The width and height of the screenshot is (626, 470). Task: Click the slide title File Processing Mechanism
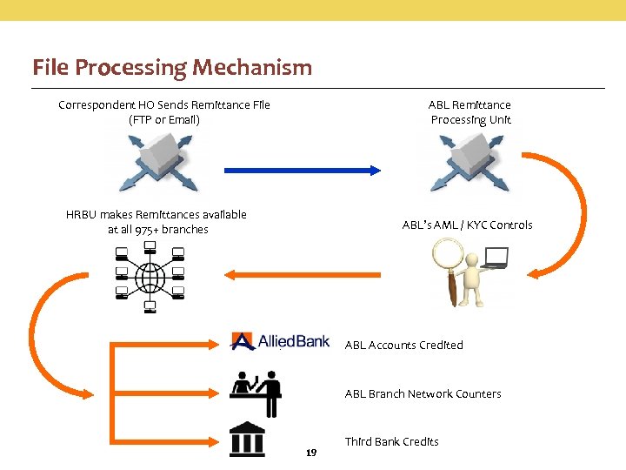171,67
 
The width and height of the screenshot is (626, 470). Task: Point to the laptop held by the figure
496,258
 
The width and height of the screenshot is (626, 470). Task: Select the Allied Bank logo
280,340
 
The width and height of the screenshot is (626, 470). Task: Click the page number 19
311,453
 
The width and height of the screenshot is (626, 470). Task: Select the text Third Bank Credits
391,441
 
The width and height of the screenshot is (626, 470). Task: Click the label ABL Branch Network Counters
423,393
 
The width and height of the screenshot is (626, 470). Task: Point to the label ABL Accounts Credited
403,345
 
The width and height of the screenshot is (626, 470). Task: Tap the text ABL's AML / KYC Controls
467,225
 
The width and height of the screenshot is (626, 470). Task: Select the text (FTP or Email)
163,119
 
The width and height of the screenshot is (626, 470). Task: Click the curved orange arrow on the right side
569,218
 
